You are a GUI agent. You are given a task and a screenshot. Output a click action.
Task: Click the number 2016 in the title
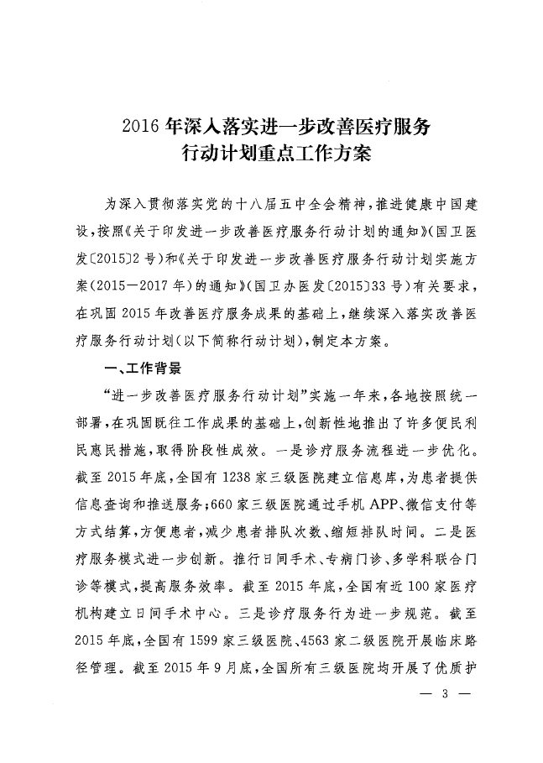pyautogui.click(x=141, y=128)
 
